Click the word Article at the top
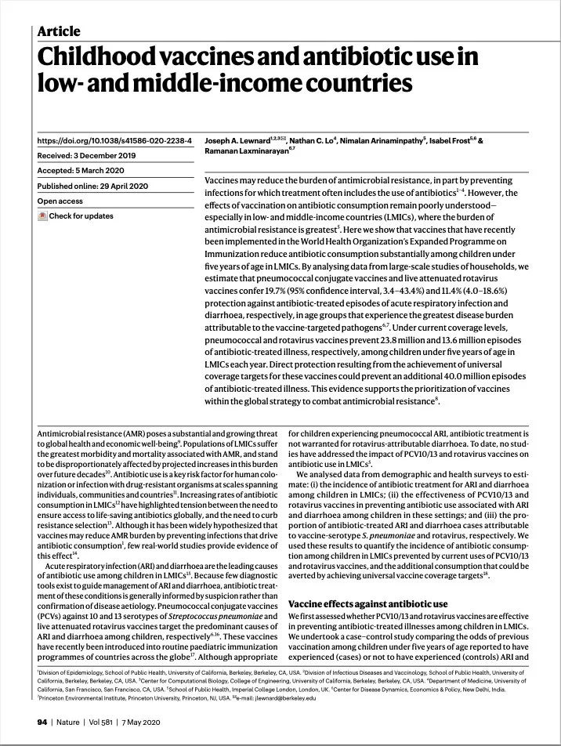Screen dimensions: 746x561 click(x=59, y=31)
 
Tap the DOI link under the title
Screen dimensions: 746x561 click(x=114, y=141)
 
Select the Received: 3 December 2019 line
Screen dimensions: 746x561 click(x=87, y=156)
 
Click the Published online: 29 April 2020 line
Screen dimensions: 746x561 click(x=93, y=186)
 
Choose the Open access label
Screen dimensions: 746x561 click(x=60, y=201)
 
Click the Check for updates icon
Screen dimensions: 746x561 click(x=42, y=216)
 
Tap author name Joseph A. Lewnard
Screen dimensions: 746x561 click(x=236, y=141)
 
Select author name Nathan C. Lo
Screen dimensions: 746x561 click(x=311, y=141)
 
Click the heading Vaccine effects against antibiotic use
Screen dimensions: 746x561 click(x=368, y=604)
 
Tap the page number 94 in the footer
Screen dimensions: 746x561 click(x=42, y=721)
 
